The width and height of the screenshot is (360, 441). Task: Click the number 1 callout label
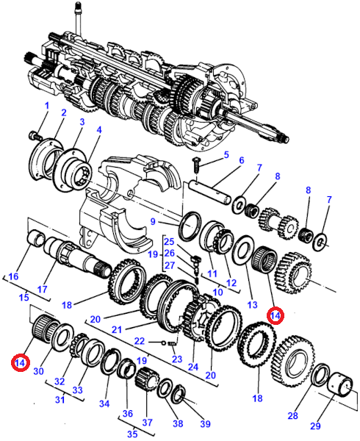click(46, 106)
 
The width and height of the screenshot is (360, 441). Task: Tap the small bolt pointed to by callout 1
click(35, 136)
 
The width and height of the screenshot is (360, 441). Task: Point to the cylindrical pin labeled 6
click(210, 192)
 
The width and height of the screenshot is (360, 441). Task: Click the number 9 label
click(153, 221)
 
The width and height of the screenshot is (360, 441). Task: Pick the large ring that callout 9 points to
click(190, 226)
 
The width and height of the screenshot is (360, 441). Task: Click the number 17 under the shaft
click(42, 289)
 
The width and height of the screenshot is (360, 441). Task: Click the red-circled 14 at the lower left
click(21, 363)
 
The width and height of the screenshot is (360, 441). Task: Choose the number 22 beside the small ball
click(140, 341)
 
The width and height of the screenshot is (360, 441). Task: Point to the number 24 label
click(193, 367)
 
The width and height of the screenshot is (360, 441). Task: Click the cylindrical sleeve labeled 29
click(340, 385)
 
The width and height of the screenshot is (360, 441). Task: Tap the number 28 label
click(292, 415)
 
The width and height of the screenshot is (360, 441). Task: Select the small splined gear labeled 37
click(146, 379)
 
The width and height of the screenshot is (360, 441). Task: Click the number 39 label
click(205, 423)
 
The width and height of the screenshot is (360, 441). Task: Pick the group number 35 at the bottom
click(132, 434)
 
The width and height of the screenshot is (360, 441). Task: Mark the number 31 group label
click(60, 399)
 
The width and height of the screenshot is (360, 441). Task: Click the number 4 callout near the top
click(99, 129)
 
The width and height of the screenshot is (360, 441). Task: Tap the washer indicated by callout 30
click(62, 337)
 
